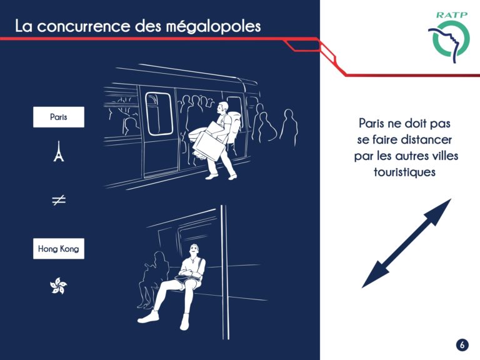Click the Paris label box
(59, 117)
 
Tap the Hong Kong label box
(59, 249)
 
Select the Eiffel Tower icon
(59, 151)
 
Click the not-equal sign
(59, 200)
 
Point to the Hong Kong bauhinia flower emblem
(59, 286)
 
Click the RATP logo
(449, 37)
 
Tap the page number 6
(462, 345)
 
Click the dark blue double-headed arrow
(406, 243)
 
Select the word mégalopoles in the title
(213, 26)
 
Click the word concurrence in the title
(84, 27)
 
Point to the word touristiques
(404, 172)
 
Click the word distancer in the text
(426, 139)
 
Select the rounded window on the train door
(159, 114)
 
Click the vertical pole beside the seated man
(224, 272)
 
